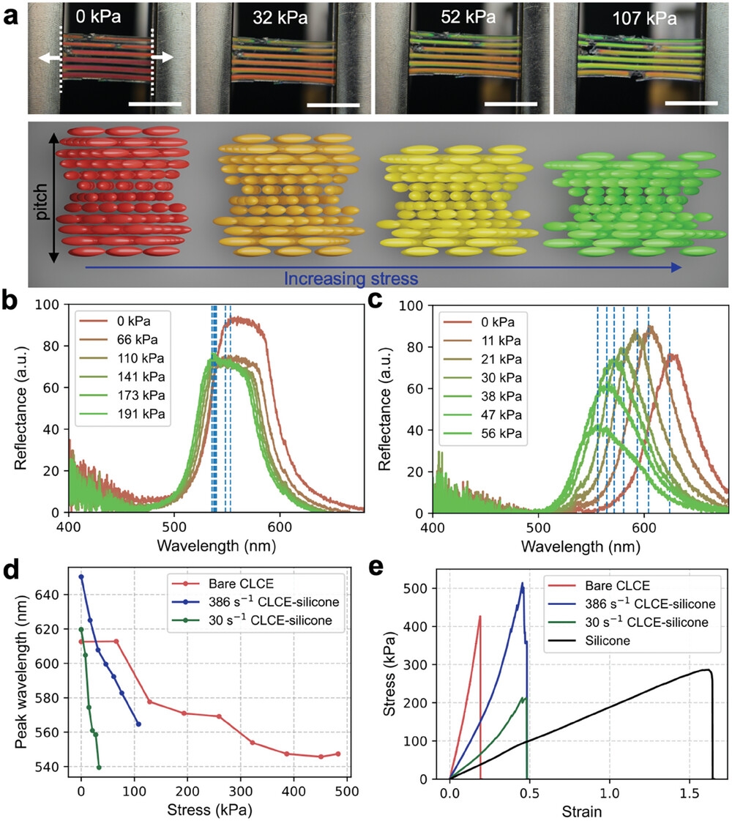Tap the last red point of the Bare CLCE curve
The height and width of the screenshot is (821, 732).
(337, 754)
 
